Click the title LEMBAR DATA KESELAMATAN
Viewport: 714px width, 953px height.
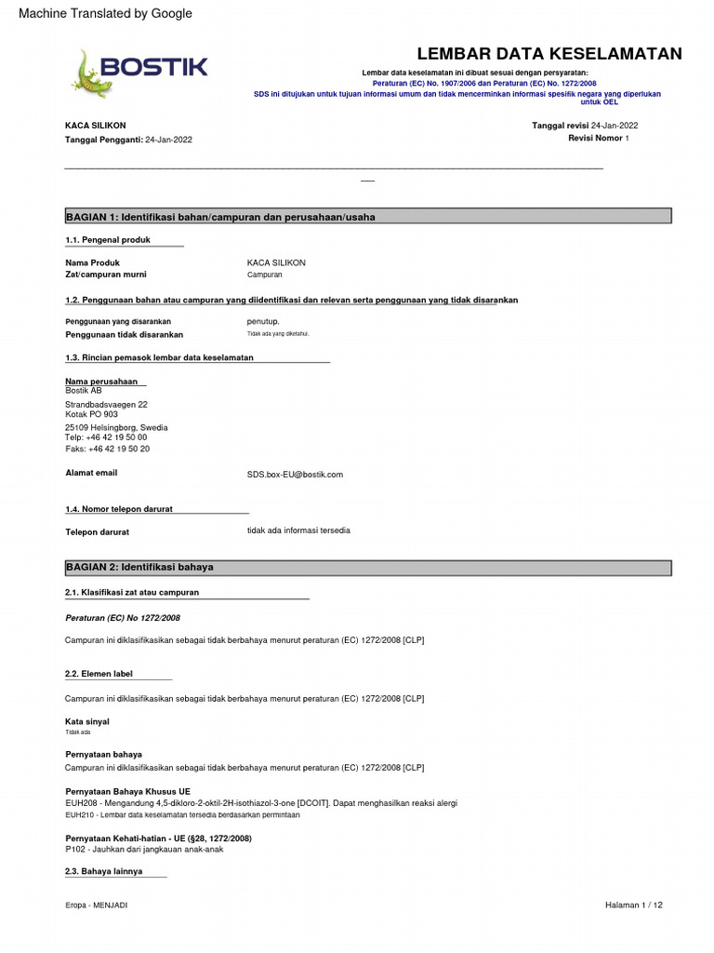coord(549,54)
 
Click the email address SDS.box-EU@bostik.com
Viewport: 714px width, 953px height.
coord(295,475)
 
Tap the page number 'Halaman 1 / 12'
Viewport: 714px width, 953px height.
coord(634,906)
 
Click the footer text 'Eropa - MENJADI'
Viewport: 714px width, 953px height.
coord(97,906)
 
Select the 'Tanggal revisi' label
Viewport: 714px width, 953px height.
coord(560,126)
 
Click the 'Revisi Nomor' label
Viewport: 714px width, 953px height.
coord(595,138)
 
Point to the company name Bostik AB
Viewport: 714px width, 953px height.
coord(84,391)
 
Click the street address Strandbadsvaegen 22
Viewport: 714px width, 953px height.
coord(106,405)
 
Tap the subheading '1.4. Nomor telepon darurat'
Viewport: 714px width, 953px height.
coord(119,509)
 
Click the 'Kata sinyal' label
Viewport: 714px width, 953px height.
coord(87,721)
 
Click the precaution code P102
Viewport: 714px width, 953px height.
coord(75,850)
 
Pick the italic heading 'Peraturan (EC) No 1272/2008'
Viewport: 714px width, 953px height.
coord(123,618)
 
